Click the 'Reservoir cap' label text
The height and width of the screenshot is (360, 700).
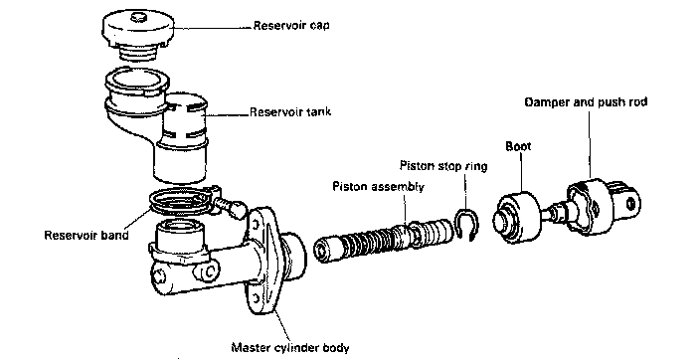(x=291, y=25)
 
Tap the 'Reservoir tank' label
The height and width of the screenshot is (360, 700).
(x=290, y=111)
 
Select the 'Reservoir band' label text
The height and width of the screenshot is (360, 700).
(x=87, y=235)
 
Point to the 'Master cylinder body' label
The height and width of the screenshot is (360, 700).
(x=290, y=347)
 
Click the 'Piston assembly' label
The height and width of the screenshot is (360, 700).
(x=378, y=186)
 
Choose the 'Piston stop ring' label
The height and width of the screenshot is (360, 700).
(x=443, y=166)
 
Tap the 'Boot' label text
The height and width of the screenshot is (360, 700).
(x=518, y=146)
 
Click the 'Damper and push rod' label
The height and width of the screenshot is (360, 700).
(x=586, y=101)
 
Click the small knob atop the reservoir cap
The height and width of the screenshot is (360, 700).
(x=139, y=17)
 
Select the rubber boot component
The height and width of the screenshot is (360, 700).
(x=517, y=218)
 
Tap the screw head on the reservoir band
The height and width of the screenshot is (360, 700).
(x=237, y=208)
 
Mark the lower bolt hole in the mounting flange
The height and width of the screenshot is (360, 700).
(x=256, y=298)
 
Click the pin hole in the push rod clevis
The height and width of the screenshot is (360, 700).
(x=630, y=204)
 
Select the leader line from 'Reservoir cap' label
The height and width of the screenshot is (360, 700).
(x=212, y=27)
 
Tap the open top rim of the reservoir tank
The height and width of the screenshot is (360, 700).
(x=136, y=82)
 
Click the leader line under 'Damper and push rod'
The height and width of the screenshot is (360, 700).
(x=589, y=144)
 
